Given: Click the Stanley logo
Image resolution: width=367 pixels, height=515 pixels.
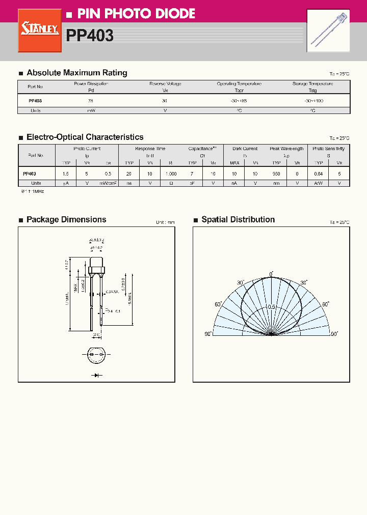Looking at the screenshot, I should click(40, 30).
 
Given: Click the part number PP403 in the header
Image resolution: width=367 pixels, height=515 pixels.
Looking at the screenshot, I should click(90, 35).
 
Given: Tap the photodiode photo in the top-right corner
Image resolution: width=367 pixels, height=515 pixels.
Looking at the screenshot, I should click(328, 31).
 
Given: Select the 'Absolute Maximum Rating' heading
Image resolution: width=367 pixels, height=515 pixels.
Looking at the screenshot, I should click(76, 73).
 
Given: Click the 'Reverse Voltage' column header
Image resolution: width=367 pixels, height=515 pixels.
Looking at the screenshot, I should click(165, 83).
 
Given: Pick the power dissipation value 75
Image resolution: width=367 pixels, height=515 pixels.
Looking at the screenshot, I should click(91, 101).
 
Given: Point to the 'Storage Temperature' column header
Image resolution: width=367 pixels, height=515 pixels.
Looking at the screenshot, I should click(312, 83).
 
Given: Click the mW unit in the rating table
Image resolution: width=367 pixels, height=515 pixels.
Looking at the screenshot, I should click(91, 110).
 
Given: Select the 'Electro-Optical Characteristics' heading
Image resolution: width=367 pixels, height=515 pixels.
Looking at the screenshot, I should click(85, 137).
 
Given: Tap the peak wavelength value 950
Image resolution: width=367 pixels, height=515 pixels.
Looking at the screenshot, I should click(276, 174).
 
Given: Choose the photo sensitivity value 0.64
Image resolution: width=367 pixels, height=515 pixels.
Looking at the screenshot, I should click(319, 174).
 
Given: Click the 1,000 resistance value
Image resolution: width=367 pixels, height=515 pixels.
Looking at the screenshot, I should click(171, 174).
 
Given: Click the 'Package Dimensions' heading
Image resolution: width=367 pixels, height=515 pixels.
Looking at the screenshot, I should click(66, 219).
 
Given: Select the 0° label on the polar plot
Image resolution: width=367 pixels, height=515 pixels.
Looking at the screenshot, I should click(272, 274).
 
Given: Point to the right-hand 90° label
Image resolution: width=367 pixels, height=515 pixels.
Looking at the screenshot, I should click(334, 334).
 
